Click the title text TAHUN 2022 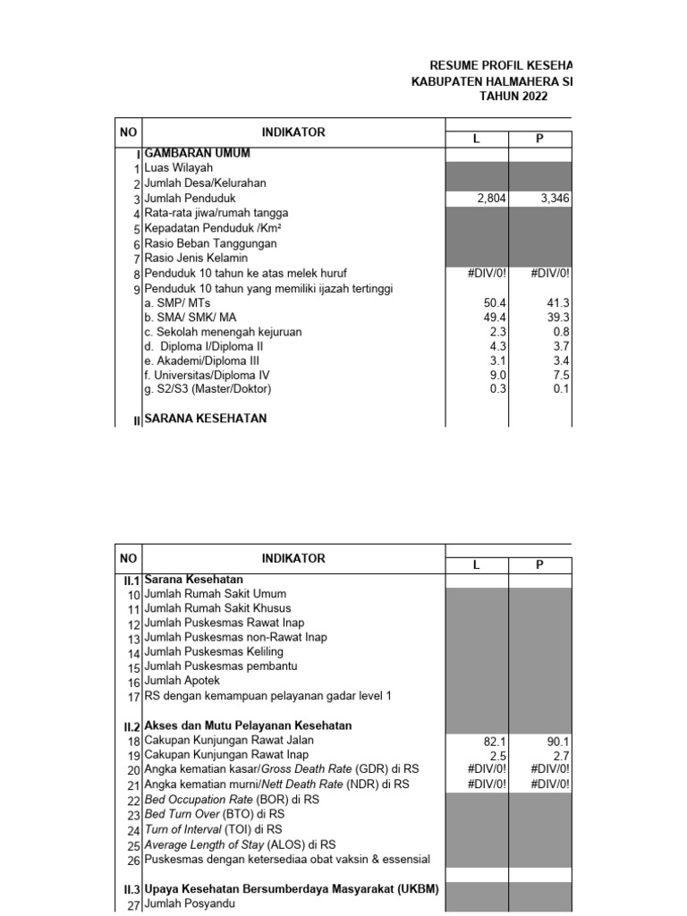point(513,96)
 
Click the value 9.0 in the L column point(497,375)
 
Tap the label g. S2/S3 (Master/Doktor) point(208,389)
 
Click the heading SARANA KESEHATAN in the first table point(205,419)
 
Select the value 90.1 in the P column point(558,741)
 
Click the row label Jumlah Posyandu point(191,904)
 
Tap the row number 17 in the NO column point(133,696)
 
